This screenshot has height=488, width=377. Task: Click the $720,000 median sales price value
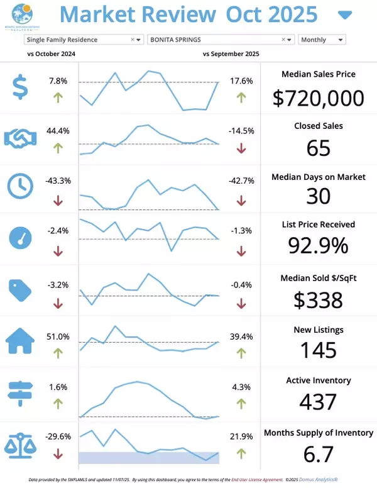pos(319,97)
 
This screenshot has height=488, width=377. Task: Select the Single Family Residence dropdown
pos(84,40)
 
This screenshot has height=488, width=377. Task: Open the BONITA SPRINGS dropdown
pos(221,40)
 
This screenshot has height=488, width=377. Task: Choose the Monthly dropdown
pos(322,40)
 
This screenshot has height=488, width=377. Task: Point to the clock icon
pos(21,186)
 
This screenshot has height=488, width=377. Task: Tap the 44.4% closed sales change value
pos(58,131)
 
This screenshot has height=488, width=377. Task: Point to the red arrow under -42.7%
pos(241,201)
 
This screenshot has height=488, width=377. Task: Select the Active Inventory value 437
pos(319,401)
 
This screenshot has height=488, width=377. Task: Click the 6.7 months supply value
pos(319,453)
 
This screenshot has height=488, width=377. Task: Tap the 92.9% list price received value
pos(319,245)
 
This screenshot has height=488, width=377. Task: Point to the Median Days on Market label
pos(319,177)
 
